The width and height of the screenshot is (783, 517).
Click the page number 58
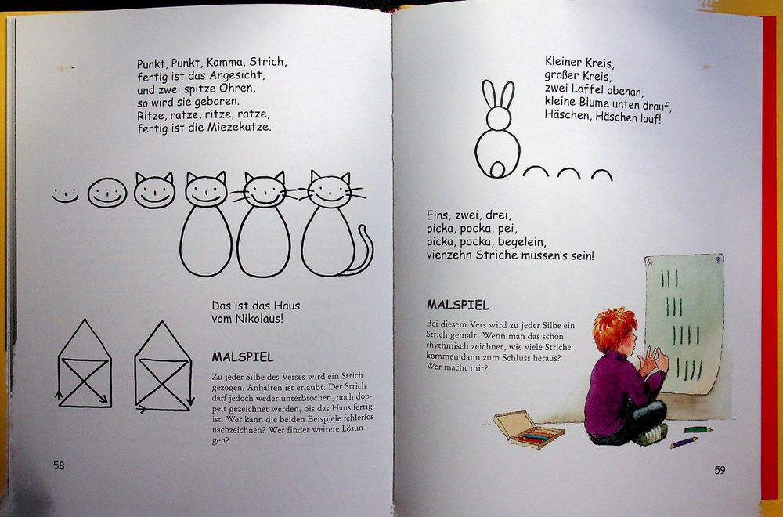(59, 465)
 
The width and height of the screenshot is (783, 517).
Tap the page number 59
(720, 470)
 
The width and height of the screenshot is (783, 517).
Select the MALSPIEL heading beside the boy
(458, 305)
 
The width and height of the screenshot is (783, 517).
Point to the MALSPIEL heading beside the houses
(243, 357)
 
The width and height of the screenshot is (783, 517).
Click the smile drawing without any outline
(65, 195)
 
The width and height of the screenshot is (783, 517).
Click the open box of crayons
(528, 429)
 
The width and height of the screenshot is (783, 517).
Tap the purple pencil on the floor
(684, 443)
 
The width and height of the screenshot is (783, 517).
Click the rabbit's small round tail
(497, 170)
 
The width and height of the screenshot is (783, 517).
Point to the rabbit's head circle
(498, 118)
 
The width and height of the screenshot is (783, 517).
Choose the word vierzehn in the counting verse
(448, 256)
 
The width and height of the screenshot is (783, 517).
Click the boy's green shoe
(651, 434)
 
